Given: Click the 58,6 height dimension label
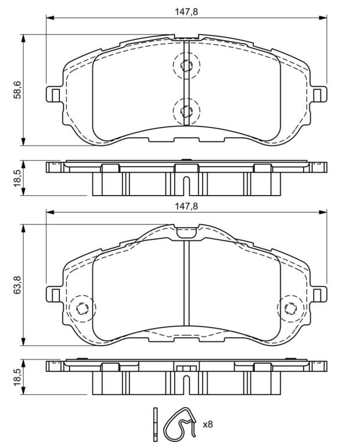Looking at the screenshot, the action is [17, 89].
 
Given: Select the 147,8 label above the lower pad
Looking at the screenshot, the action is [186, 206].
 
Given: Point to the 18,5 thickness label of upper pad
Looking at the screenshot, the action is [17, 178].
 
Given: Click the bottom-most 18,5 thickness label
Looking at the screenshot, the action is [17, 377].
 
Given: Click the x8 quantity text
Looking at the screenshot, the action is [208, 425].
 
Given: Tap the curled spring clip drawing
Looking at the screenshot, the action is [180, 425].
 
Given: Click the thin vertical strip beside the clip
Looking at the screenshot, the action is [155, 425].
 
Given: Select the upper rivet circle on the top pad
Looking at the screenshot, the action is [186, 66].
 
